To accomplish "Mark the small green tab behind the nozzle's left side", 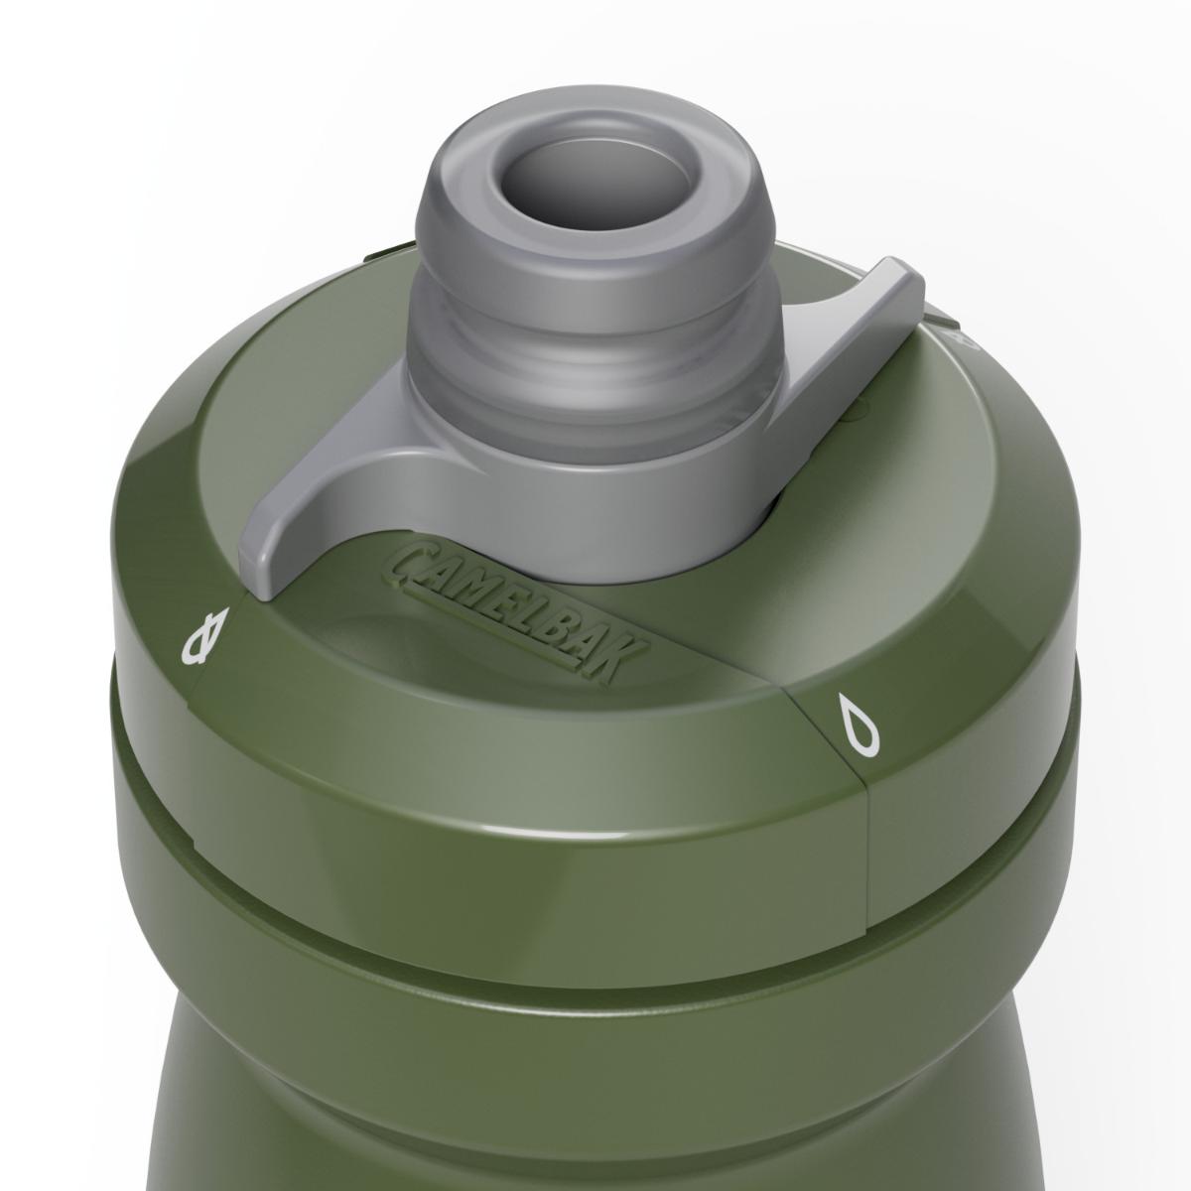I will click(381, 255).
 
